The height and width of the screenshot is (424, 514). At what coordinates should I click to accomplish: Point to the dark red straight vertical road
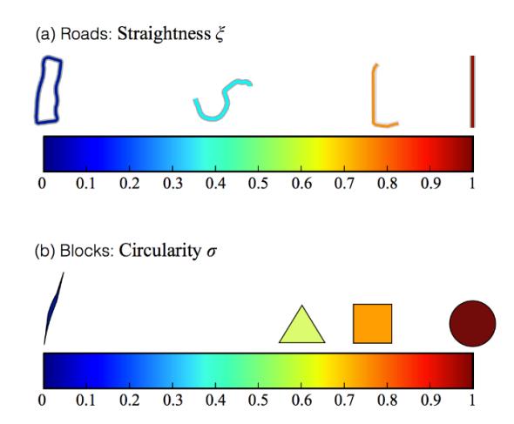click(x=472, y=91)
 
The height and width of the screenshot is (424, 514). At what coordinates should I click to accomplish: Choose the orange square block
click(x=372, y=324)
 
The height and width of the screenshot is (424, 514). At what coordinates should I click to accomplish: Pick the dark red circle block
click(x=472, y=323)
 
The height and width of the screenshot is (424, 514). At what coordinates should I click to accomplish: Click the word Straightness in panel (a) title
click(x=164, y=34)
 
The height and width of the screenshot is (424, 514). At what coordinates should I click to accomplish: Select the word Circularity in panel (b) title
click(x=159, y=251)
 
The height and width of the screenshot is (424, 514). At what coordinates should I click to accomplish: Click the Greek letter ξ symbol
click(x=220, y=35)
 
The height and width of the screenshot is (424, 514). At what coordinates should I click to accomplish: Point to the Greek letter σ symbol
click(x=212, y=252)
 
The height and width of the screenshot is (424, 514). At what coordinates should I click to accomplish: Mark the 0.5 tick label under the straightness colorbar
click(x=258, y=184)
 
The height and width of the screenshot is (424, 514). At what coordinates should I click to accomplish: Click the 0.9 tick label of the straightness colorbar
click(x=430, y=184)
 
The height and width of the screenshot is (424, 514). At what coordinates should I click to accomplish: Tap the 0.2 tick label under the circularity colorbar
click(x=130, y=400)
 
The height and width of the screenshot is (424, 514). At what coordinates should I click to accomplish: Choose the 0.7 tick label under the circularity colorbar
click(x=344, y=400)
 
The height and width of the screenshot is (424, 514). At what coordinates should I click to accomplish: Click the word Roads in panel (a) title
click(x=86, y=34)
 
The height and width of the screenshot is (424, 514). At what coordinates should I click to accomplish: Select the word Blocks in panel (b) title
click(x=86, y=251)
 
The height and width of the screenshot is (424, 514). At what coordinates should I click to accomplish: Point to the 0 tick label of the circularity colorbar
click(x=42, y=400)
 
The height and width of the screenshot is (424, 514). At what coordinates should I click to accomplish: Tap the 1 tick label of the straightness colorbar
click(x=472, y=184)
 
